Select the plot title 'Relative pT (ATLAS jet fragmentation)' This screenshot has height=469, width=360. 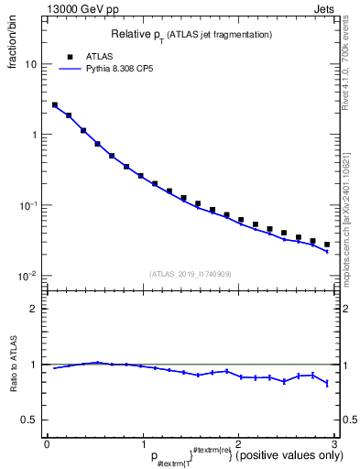point(191,34)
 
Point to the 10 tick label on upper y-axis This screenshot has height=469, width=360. point(30,65)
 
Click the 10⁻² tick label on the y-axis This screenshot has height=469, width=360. point(28,276)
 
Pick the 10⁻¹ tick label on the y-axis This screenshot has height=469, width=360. point(28,205)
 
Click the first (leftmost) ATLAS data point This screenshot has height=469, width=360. point(55,105)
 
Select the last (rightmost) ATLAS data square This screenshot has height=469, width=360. point(327,245)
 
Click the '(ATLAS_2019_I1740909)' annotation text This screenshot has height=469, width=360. point(191,274)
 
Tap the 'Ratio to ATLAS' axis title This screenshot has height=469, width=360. point(15,364)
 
